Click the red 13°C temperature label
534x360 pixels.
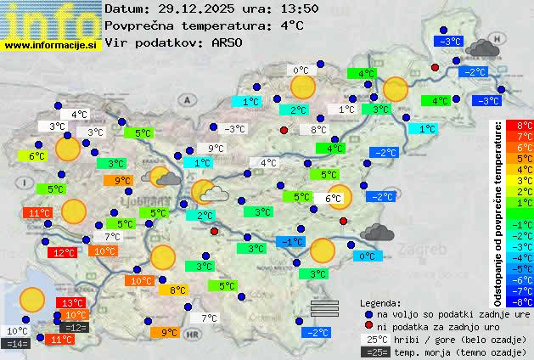tap(71, 303)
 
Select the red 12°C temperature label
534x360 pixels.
tap(62, 252)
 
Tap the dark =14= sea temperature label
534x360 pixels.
tap(16, 343)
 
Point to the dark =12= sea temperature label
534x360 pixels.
tap(75, 327)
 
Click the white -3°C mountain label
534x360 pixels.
tap(233, 129)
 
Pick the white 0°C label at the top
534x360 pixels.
tap(301, 70)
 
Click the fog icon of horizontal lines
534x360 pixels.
tap(324, 307)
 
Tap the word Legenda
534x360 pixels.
tap(380, 302)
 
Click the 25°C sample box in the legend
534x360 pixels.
tap(374, 339)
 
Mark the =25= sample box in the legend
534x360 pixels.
tap(374, 352)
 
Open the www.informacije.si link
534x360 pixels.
tap(52, 44)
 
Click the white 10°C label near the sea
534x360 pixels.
tap(17, 331)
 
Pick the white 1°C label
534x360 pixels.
tap(346, 110)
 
